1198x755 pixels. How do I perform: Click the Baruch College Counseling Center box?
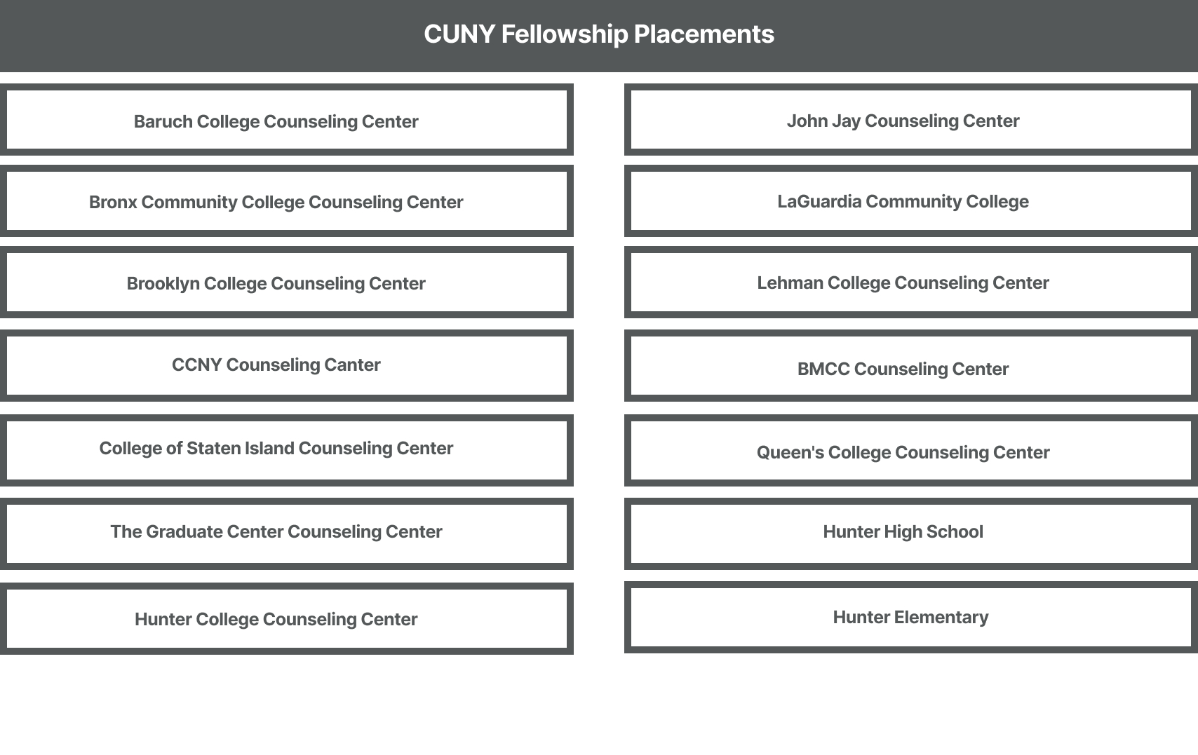[x=287, y=120]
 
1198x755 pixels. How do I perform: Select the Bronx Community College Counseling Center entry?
[x=287, y=201]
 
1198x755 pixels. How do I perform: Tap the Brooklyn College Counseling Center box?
[x=287, y=283]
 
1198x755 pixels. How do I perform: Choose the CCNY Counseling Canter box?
[x=287, y=366]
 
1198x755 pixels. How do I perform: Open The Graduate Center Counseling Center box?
[x=287, y=533]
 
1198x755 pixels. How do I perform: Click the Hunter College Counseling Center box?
[x=287, y=618]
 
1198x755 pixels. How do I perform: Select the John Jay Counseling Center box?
[x=911, y=120]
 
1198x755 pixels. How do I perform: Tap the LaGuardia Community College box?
[x=911, y=201]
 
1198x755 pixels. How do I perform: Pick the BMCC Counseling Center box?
[x=911, y=366]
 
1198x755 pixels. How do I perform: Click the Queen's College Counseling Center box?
[x=911, y=450]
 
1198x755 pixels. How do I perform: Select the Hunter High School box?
[x=911, y=533]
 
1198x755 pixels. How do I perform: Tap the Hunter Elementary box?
[x=911, y=618]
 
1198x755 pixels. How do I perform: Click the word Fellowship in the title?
[x=564, y=35]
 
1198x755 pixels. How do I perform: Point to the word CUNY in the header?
[x=459, y=34]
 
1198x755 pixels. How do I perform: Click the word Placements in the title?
[x=704, y=34]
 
